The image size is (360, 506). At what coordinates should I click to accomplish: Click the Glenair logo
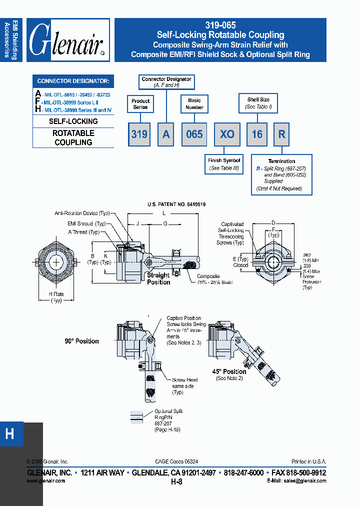67,40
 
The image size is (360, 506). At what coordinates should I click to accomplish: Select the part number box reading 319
139,134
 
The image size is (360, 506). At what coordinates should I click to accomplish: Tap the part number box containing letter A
166,134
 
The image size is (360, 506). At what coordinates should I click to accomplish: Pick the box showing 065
194,134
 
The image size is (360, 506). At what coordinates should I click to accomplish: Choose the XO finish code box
227,134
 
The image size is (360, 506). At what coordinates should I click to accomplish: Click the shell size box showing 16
257,134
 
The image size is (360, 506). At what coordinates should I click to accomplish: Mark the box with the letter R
282,134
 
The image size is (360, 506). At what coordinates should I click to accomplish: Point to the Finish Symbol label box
224,164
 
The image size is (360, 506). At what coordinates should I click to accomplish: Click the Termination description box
281,174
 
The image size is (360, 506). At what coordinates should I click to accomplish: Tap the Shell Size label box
258,103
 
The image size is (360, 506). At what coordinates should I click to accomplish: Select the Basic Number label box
194,104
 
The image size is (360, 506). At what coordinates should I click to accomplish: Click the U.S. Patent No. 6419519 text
176,204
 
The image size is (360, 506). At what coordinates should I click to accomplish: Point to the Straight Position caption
158,278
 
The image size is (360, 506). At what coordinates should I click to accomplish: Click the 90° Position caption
81,341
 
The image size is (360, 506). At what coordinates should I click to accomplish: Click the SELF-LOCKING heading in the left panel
73,121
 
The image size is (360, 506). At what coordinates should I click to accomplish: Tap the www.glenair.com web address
45,480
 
